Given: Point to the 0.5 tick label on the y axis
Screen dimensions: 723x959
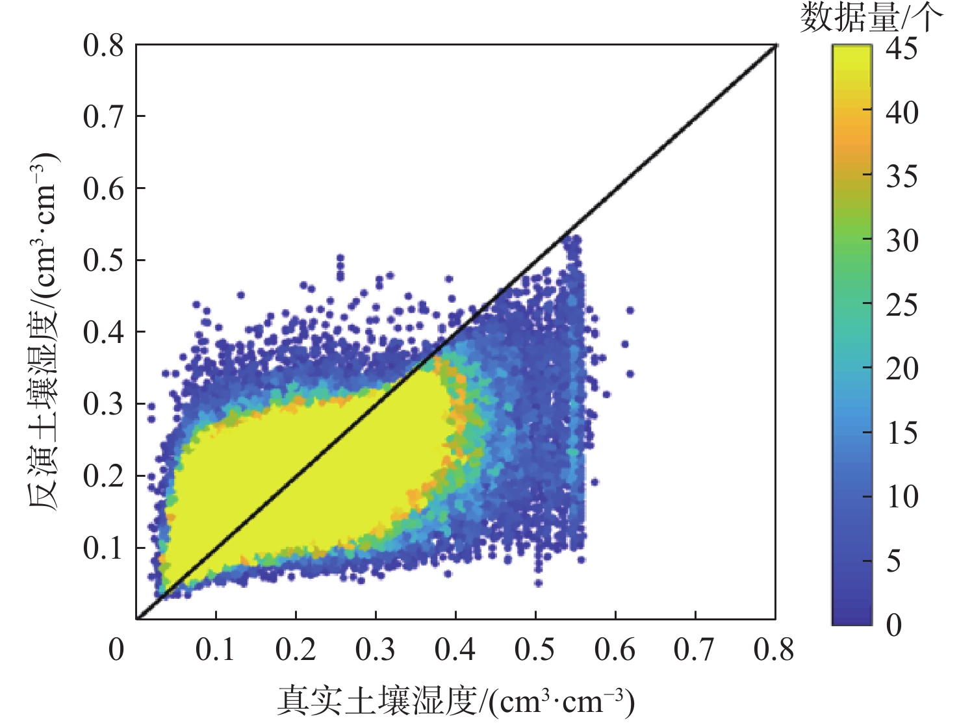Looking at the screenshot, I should [x=103, y=260].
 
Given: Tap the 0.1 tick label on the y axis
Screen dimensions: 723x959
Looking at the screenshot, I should [x=103, y=548].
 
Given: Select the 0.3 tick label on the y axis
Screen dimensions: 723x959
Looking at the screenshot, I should [x=103, y=403].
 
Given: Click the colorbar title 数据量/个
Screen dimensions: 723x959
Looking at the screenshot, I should [x=871, y=18].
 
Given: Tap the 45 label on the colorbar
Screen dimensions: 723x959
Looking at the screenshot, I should [x=902, y=49].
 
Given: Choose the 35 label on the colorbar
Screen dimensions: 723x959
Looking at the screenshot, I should [x=902, y=176].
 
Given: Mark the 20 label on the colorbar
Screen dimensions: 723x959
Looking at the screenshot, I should [x=902, y=368].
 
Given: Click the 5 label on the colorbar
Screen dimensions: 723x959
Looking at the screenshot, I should [x=894, y=561].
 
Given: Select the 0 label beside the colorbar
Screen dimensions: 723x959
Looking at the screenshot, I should [x=894, y=624].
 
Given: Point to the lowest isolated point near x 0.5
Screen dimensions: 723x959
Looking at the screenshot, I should [x=538, y=583].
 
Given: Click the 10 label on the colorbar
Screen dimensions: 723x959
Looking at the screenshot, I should [x=902, y=497].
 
